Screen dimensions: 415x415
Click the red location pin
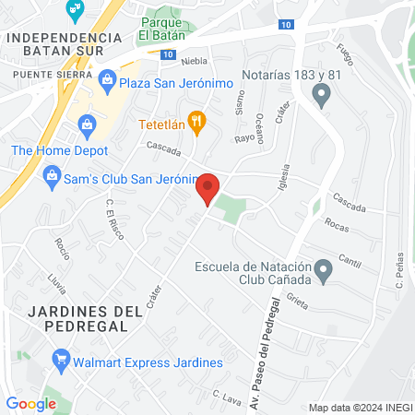pyautogui.click(x=208, y=189)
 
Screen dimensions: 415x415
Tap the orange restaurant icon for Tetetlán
pyautogui.click(x=196, y=121)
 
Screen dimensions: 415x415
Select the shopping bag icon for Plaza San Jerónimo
pyautogui.click(x=107, y=83)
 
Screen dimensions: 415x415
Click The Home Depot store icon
pyautogui.click(x=87, y=123)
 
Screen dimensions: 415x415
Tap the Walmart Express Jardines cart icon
pyautogui.click(x=62, y=359)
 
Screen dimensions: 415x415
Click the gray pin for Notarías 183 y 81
pyautogui.click(x=322, y=92)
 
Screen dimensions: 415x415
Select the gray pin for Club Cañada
pyautogui.click(x=323, y=271)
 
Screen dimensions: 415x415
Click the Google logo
pyautogui.click(x=30, y=403)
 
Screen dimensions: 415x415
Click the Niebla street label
pyautogui.click(x=195, y=62)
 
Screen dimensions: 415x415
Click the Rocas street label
pyautogui.click(x=336, y=227)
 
